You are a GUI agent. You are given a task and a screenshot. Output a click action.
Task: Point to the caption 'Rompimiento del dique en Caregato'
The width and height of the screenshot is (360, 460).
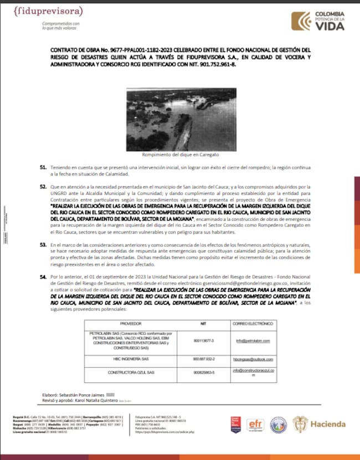pos(180,155)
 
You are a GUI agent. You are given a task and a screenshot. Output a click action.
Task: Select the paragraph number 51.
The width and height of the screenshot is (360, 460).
pos(43,167)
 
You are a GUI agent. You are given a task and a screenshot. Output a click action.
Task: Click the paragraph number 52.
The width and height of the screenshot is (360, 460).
pos(43,188)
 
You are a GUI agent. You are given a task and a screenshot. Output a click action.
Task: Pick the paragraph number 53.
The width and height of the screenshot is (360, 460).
pos(43,244)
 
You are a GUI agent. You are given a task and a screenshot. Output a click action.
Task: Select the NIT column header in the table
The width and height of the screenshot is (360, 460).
pos(203,322)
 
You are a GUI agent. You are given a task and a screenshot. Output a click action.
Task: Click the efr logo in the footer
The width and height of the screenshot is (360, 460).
pos(255,423)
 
